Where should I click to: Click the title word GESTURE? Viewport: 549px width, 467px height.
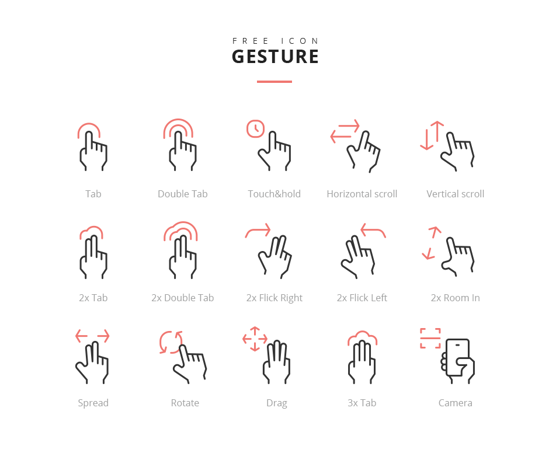coord(275,57)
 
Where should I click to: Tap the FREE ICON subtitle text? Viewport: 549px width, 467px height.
coord(275,41)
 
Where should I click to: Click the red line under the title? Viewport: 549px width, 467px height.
coord(274,82)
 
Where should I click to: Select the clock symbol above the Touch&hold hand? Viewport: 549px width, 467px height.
coord(255,128)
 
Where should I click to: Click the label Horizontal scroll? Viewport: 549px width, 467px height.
coord(362,194)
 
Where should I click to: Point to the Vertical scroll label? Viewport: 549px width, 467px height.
coord(455,194)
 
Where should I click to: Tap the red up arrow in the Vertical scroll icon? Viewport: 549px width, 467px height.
coord(437,131)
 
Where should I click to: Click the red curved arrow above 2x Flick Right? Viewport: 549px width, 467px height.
coord(258,231)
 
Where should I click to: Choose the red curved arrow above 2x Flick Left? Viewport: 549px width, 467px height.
coord(373,231)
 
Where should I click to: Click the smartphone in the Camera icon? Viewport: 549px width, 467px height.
coord(458,357)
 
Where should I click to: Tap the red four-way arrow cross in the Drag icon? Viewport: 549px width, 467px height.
coord(255,339)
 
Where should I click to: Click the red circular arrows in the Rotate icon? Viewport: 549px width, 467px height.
coord(171,342)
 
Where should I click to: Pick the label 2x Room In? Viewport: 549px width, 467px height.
coord(455,298)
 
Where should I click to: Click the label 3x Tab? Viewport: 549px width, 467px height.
coord(362,403)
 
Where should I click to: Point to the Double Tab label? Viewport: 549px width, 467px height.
coord(182,194)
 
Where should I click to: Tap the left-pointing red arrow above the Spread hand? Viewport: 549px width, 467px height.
coord(82,336)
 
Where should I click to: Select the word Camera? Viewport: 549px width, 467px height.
coord(455,403)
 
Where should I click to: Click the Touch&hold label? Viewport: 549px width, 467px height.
coord(274,194)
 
